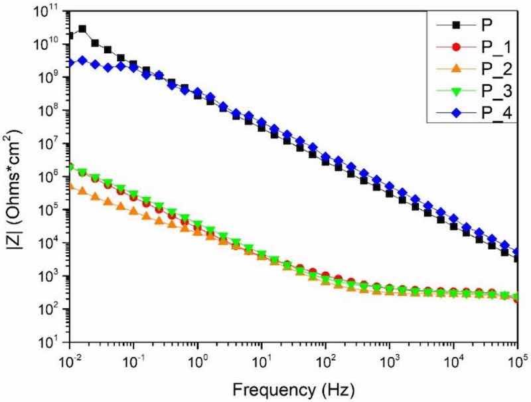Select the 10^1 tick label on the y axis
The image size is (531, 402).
click(52, 343)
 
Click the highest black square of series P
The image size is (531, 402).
click(82, 29)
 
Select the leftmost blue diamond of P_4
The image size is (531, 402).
click(70, 63)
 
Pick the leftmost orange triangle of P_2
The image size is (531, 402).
click(70, 185)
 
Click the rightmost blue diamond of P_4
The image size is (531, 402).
click(517, 252)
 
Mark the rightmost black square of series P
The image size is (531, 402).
click(517, 258)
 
